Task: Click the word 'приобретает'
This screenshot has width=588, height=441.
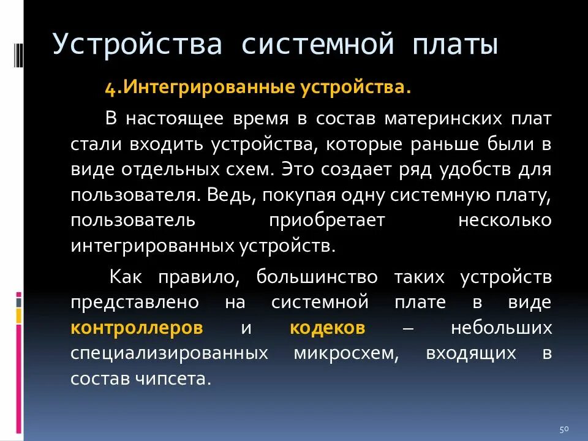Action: coord(326,221)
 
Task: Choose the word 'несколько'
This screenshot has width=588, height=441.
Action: coord(505,221)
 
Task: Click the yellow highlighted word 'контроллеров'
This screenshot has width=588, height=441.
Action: coord(137,328)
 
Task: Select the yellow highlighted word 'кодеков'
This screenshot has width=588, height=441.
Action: coord(328,328)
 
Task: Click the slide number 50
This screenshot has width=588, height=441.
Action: coord(565,428)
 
